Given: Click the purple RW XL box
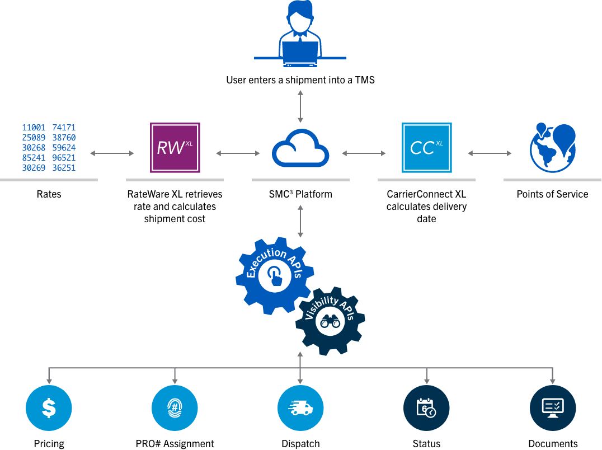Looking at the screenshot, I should tap(175, 148).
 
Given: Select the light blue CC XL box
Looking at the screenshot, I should tap(426, 148).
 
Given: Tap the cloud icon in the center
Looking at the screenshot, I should tap(300, 149).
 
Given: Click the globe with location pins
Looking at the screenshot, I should tap(552, 148).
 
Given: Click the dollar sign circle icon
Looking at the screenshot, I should tap(49, 408).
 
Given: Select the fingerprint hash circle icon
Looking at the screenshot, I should tap(175, 408).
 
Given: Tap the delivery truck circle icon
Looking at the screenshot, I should tap(300, 408).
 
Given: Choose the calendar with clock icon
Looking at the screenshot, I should tap(426, 408).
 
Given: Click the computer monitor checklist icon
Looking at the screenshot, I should tap(552, 408).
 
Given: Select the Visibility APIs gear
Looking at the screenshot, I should tap(330, 321).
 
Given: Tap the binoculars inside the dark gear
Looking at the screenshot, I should tap(330, 322).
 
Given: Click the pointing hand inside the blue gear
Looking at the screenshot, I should tap(275, 276).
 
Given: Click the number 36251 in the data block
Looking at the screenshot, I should tap(64, 168).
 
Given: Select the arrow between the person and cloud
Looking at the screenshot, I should tap(300, 106).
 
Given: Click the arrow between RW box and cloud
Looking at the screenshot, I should tap(238, 153).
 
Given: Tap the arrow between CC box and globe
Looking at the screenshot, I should tap(490, 153).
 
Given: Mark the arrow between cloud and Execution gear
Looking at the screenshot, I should tap(300, 221).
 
